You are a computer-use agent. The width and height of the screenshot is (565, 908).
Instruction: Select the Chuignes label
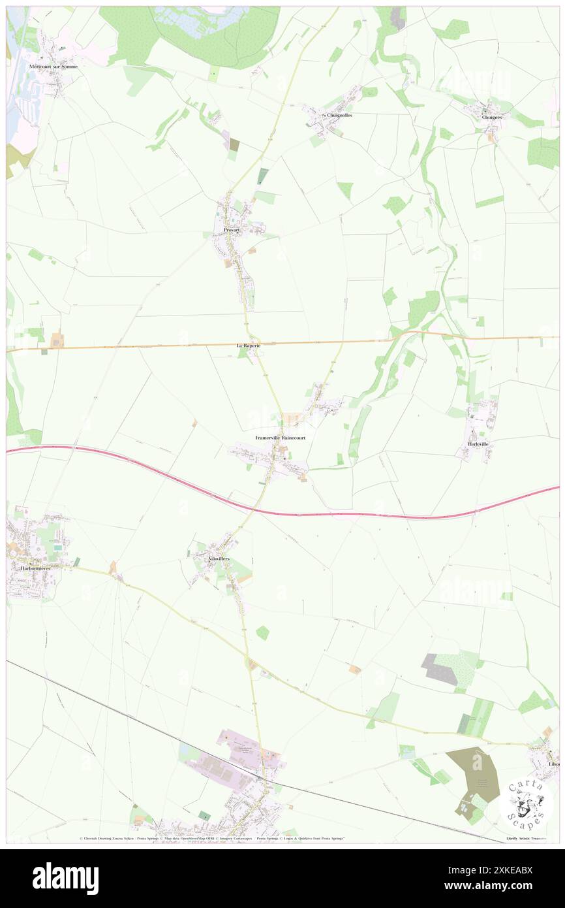click(x=492, y=117)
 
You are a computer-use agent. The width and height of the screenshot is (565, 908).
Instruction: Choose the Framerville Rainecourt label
click(x=281, y=438)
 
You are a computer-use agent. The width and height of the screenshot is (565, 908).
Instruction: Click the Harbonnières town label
click(x=31, y=568)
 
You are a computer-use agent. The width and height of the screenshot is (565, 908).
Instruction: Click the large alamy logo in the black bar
click(x=65, y=878)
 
